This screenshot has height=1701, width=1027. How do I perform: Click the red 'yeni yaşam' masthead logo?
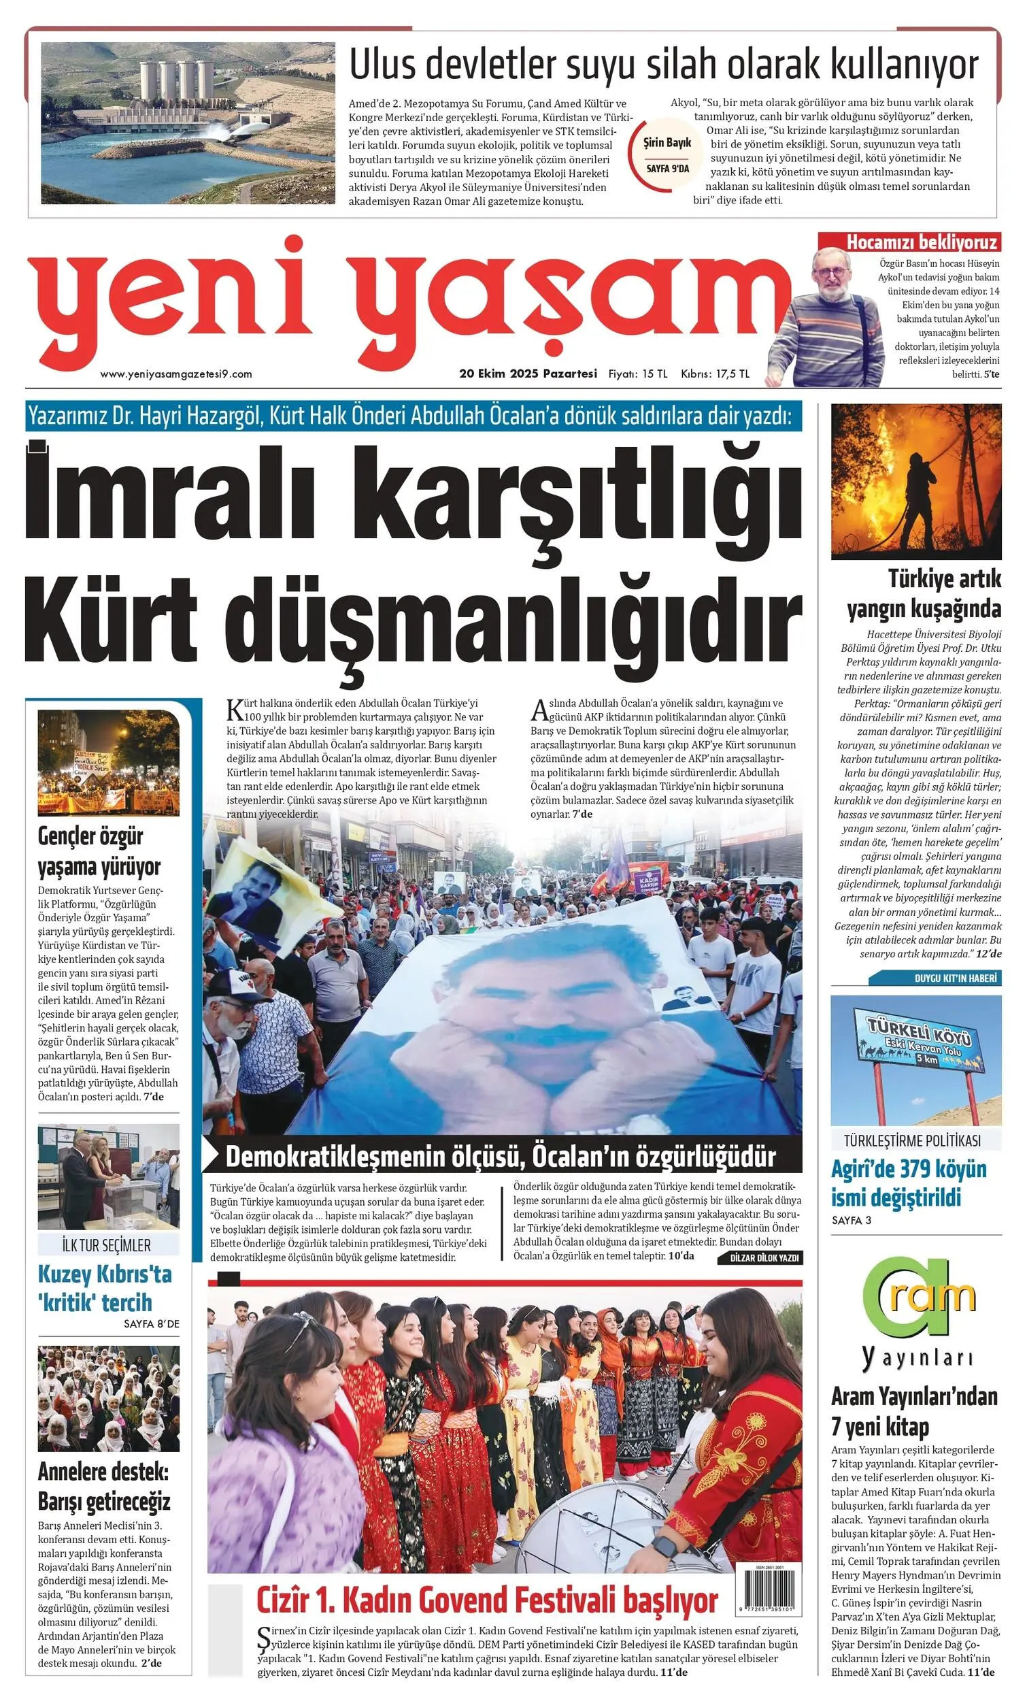(407, 303)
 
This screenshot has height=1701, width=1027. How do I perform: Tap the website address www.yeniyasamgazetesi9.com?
(176, 374)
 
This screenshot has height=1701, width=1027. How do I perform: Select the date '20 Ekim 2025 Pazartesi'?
(528, 374)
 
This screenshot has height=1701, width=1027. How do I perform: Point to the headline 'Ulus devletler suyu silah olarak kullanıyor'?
(663, 65)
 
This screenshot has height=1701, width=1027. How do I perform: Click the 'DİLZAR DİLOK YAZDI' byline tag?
(764, 1259)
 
